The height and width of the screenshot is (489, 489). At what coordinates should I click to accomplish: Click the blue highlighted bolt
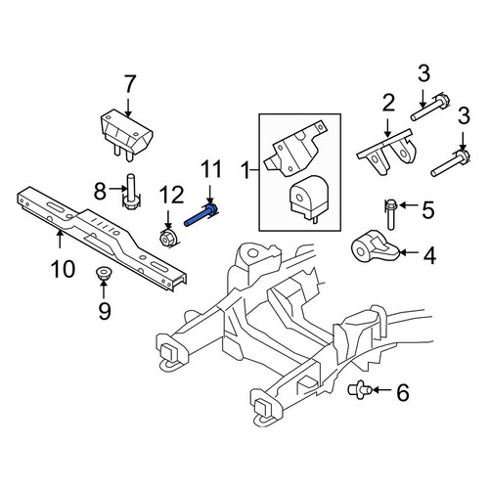[201, 214]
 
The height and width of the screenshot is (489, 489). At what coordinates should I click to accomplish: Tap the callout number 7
[129, 84]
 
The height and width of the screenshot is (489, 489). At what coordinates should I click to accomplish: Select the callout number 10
[63, 269]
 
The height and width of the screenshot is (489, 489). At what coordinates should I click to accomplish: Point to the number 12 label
[171, 195]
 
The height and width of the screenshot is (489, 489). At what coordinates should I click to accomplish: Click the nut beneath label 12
[168, 239]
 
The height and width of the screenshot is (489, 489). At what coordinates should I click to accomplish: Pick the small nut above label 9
[103, 272]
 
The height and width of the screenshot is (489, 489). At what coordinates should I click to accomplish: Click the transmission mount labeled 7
[126, 134]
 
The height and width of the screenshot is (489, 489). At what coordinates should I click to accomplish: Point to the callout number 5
[428, 209]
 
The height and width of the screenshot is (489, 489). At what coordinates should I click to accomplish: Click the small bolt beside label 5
[390, 214]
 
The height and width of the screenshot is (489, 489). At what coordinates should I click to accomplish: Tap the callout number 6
[403, 392]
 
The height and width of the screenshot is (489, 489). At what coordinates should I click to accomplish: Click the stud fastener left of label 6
[359, 389]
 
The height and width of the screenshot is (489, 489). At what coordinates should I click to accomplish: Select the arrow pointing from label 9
[104, 289]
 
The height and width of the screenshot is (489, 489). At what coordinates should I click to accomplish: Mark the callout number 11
[210, 169]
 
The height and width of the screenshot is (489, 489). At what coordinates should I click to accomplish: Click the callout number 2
[388, 103]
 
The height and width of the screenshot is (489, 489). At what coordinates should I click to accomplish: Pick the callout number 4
[429, 255]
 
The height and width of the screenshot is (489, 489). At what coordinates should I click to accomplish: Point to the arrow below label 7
[128, 108]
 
